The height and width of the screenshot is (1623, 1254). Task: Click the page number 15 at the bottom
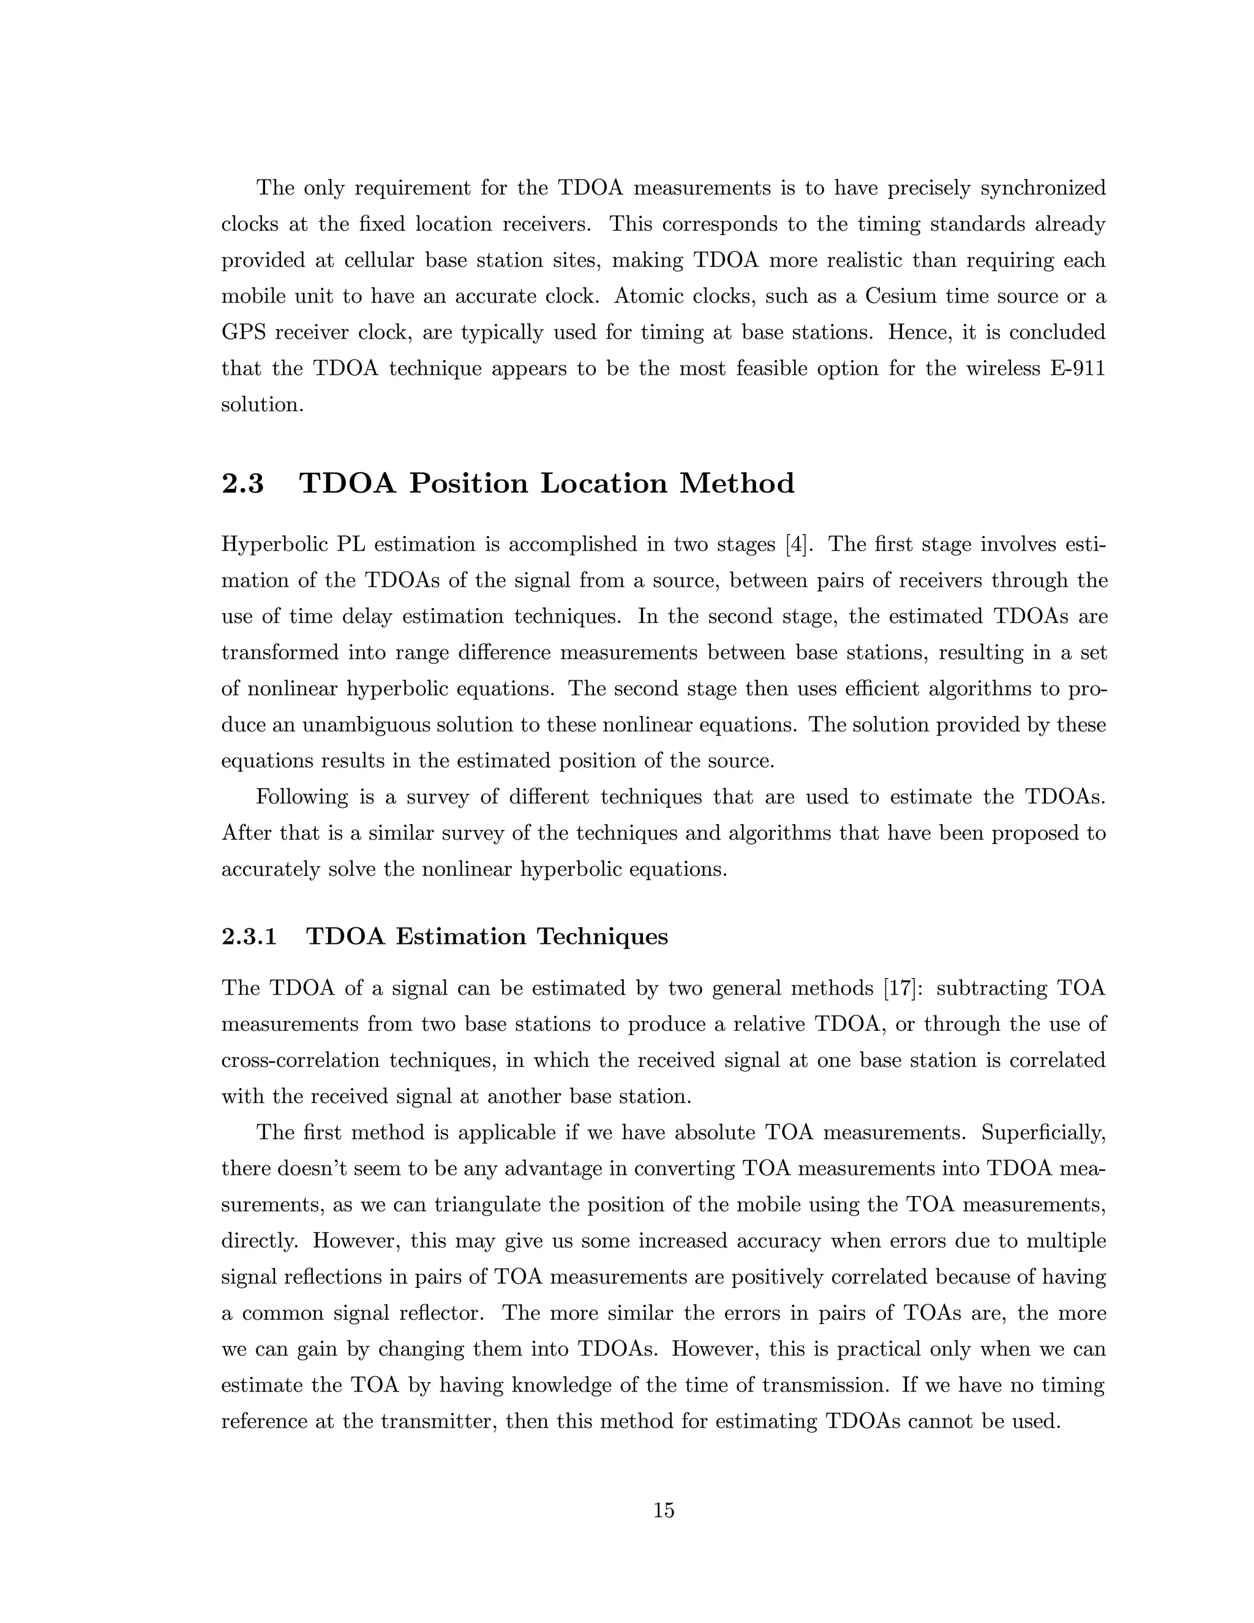(663, 1510)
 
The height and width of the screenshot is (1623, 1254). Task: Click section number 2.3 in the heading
(242, 484)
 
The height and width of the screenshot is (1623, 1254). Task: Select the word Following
(302, 797)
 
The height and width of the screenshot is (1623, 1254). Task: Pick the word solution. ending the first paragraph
(262, 405)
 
